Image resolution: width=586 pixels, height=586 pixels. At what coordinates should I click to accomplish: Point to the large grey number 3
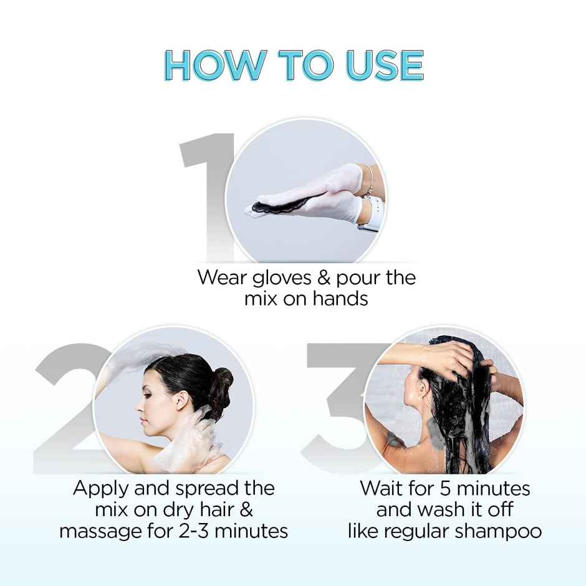coord(340,405)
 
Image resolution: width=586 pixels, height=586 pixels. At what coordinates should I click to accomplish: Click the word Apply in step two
coord(101,488)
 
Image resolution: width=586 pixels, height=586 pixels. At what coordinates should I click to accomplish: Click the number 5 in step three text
coord(446,488)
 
